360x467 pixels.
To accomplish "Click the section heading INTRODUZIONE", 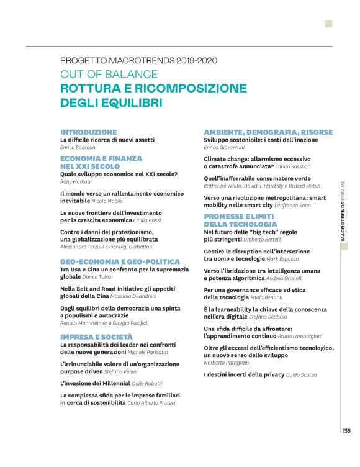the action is click(88, 132).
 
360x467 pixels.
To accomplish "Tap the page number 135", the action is click(346, 431).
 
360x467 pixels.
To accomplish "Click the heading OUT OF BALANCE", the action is click(109, 74).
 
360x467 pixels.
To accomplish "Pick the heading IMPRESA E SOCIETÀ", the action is click(96, 337).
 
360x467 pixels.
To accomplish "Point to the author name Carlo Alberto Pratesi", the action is click(151, 403).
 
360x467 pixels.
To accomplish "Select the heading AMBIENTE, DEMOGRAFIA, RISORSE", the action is click(268, 132).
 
